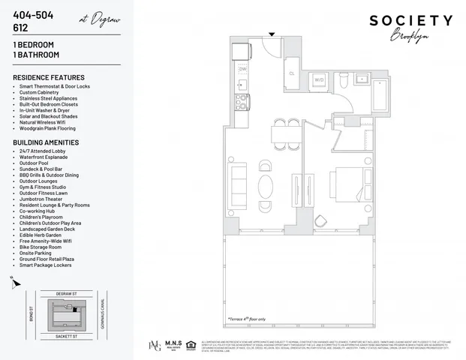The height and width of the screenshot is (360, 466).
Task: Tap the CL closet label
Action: pos(291,73)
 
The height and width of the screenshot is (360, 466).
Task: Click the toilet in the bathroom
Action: pos(341,79)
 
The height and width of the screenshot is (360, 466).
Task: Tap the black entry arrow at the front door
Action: pos(272,33)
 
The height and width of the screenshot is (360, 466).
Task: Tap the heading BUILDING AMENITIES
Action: pos(47,142)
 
